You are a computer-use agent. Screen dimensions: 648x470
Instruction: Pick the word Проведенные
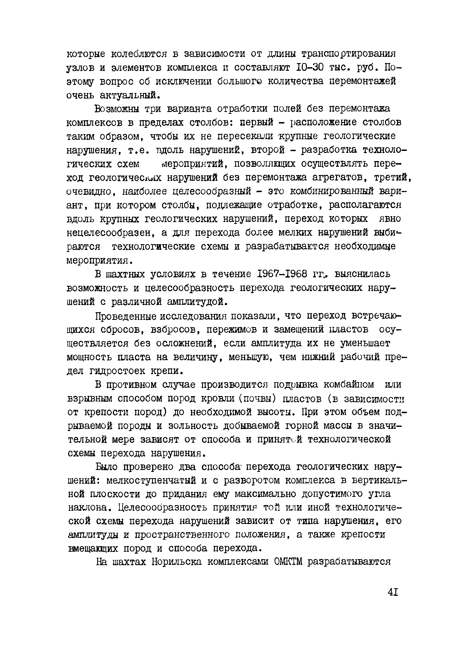coord(126,316)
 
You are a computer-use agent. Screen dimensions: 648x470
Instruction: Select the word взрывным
coord(90,398)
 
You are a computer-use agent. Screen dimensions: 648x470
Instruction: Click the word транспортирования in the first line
coord(349,54)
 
